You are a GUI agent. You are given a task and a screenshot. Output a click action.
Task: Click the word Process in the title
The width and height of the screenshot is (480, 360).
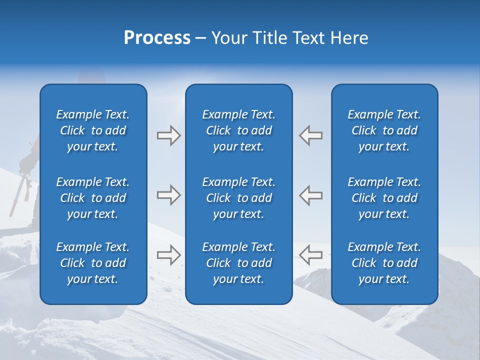pyautogui.click(x=157, y=38)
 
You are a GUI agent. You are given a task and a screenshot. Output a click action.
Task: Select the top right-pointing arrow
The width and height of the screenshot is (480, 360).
pyautogui.click(x=168, y=135)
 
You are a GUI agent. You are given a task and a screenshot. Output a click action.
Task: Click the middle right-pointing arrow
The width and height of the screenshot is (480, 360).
pyautogui.click(x=168, y=195)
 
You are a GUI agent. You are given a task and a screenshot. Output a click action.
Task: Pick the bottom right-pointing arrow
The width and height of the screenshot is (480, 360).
pyautogui.click(x=168, y=254)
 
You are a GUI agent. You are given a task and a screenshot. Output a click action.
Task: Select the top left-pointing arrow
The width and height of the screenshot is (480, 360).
pyautogui.click(x=310, y=135)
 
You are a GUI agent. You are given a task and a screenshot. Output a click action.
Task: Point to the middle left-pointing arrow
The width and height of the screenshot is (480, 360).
pyautogui.click(x=310, y=195)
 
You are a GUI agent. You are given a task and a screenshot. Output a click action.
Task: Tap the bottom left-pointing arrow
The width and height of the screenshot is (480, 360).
pyautogui.click(x=310, y=254)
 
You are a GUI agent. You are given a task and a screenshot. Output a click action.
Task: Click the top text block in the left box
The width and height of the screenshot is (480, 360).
pyautogui.click(x=93, y=130)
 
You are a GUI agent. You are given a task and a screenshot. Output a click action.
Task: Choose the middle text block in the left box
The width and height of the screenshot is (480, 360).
pyautogui.click(x=93, y=198)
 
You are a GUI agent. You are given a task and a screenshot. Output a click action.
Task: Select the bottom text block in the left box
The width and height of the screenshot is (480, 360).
pyautogui.click(x=93, y=263)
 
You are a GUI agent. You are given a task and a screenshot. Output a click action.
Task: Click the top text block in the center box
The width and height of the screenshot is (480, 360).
pyautogui.click(x=238, y=130)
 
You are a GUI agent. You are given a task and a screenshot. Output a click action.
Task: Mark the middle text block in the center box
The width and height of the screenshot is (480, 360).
pyautogui.click(x=238, y=198)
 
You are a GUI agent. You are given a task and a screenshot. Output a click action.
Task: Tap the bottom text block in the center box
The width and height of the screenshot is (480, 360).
pyautogui.click(x=238, y=263)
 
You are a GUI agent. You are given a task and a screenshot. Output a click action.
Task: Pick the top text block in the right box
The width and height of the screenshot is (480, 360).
pyautogui.click(x=384, y=130)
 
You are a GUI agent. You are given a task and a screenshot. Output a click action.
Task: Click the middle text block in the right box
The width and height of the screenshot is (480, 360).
pyautogui.click(x=384, y=198)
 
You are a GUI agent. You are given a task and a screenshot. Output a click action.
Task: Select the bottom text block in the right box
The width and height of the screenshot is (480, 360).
pyautogui.click(x=384, y=263)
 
